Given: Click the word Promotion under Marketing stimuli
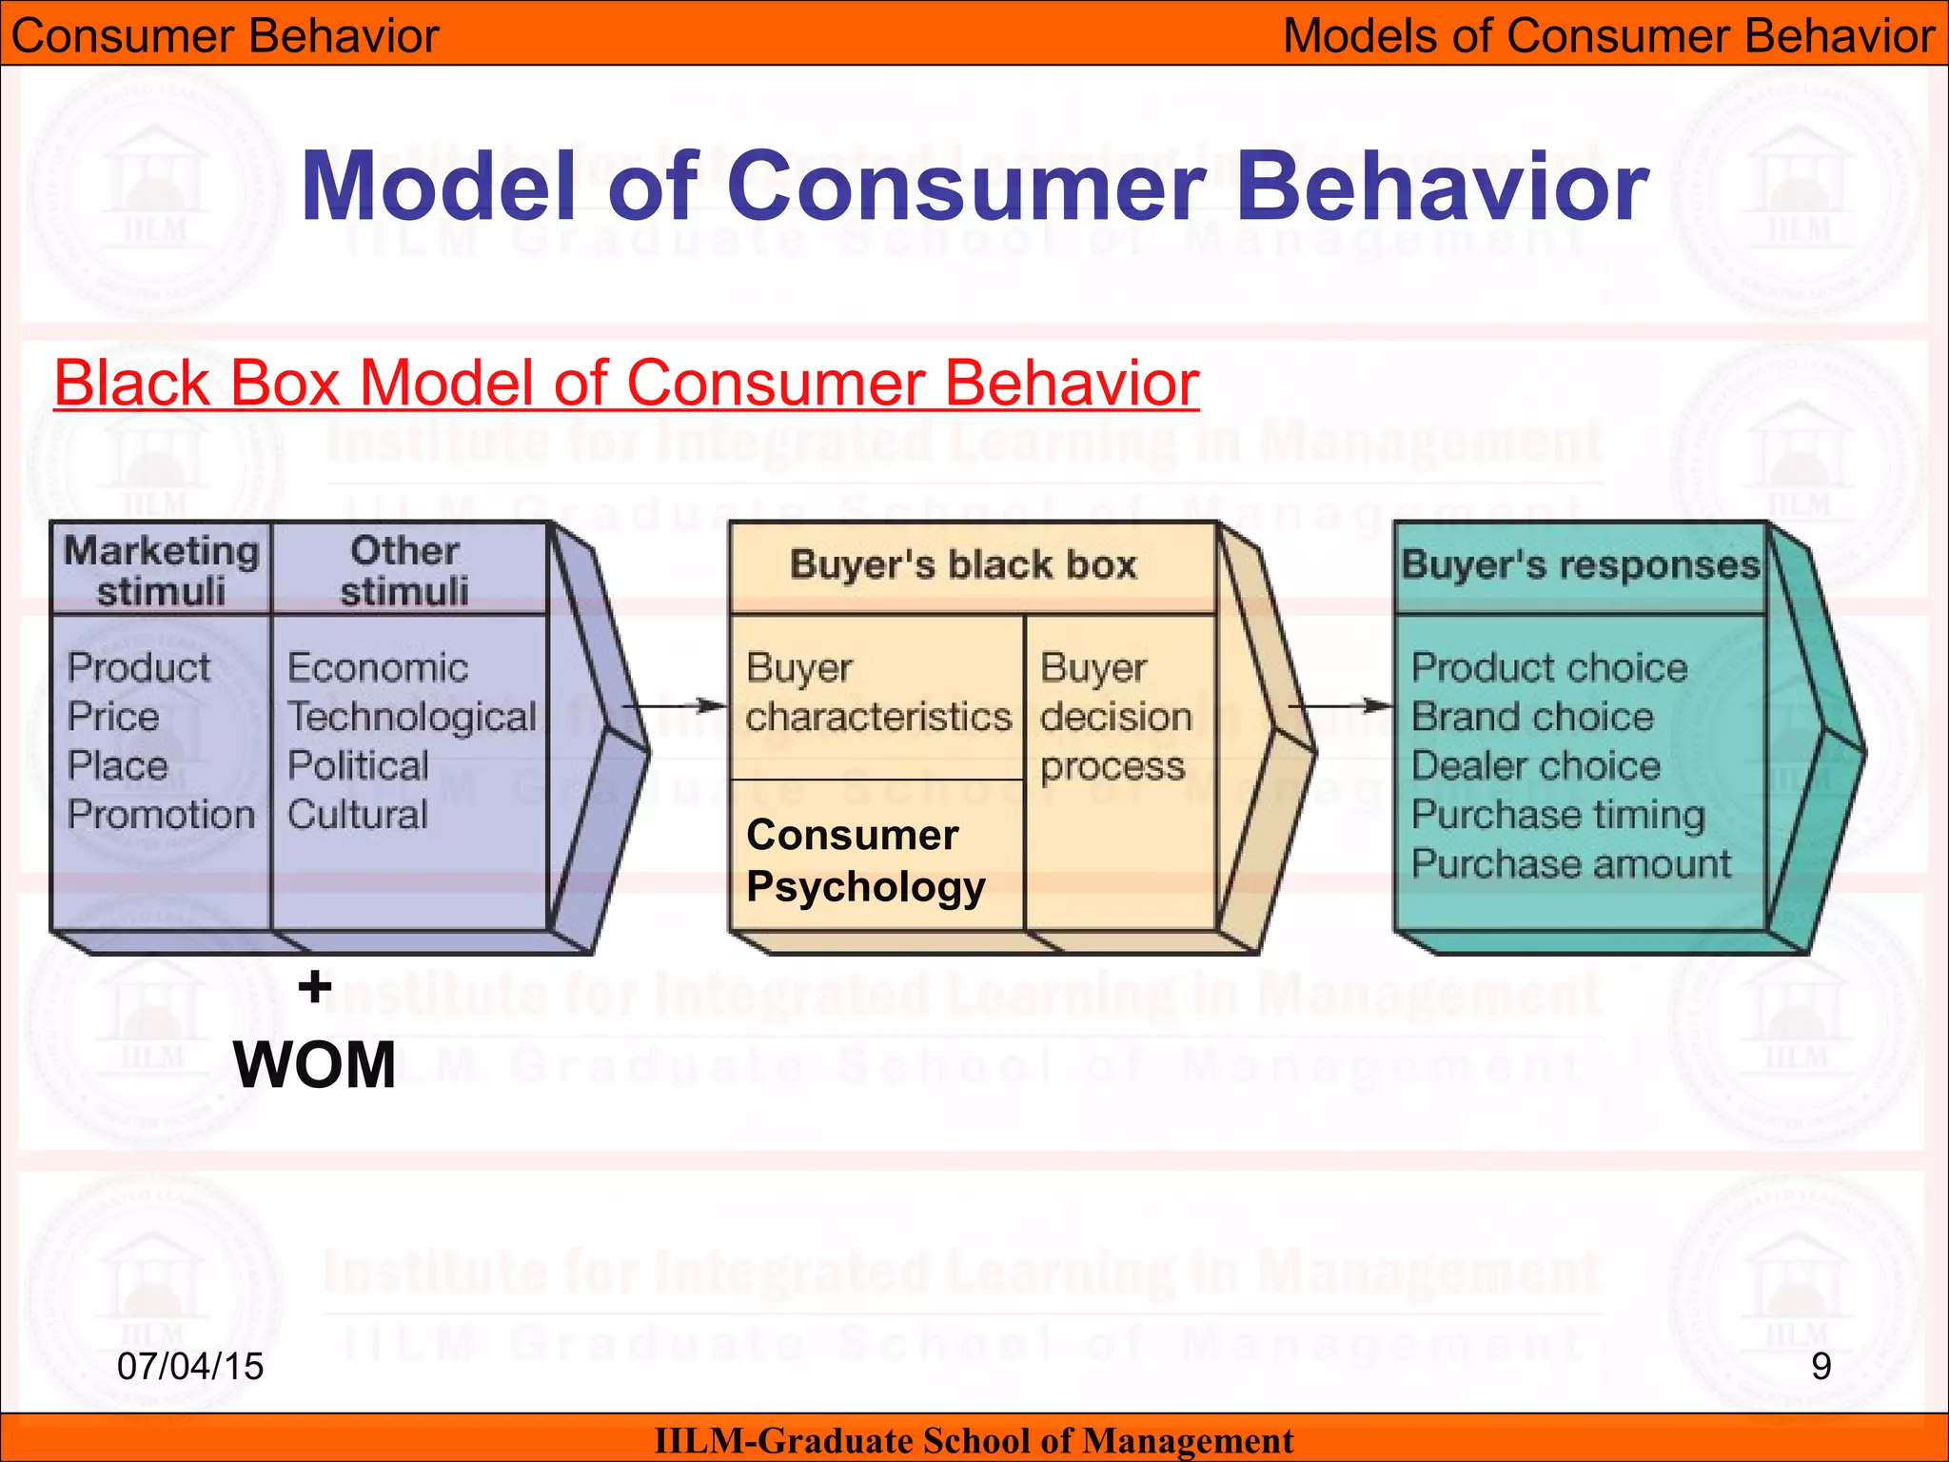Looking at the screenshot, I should tap(161, 815).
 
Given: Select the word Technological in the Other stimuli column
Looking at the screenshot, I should tap(412, 717).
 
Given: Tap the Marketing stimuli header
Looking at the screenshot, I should tap(161, 569).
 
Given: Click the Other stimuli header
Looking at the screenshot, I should tap(404, 569).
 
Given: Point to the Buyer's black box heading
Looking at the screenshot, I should tap(963, 564).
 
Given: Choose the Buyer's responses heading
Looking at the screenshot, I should tap(1581, 564).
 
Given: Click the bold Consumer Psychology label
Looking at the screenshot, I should tap(865, 860).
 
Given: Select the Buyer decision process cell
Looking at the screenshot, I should tap(1115, 717).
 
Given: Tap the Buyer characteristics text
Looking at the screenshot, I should tap(876, 693).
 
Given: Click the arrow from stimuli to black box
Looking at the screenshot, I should tap(674, 705).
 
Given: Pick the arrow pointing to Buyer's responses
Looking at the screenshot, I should tap(1340, 705).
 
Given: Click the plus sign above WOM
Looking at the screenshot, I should tap(315, 987).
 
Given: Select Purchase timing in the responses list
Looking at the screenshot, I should tap(1558, 815).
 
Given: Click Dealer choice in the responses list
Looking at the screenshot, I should tap(1535, 765).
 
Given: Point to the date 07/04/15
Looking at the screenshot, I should tap(190, 1366).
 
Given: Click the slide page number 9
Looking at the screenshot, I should tap(1821, 1366).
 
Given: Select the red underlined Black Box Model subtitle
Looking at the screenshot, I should tap(626, 383).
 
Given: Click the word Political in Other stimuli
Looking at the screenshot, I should tap(358, 765).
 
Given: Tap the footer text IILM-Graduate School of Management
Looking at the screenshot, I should tap(974, 1440).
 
